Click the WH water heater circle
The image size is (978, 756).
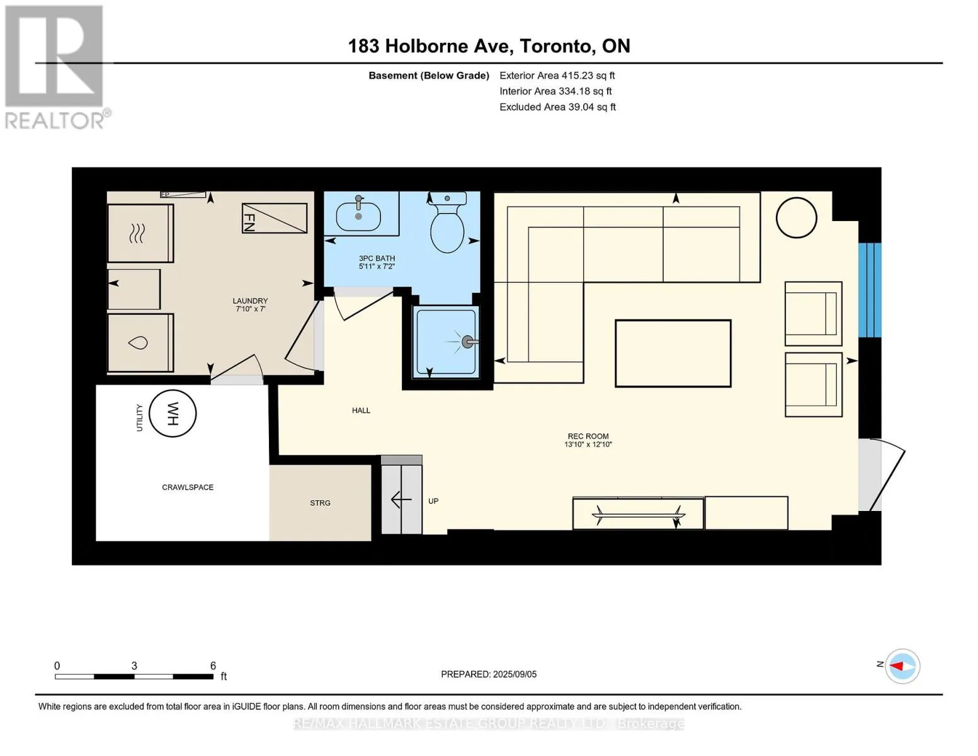click(173, 413)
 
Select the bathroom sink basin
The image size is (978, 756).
click(358, 217)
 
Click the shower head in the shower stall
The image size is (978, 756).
click(468, 341)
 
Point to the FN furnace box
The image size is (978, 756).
click(275, 218)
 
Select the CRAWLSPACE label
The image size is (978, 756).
click(188, 487)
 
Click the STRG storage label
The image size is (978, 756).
click(320, 503)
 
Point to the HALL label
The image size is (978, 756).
click(361, 410)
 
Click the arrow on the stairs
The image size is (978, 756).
click(401, 500)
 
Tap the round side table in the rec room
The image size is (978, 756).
click(796, 218)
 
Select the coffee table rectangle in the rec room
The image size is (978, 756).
click(673, 353)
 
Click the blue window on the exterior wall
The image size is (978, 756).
click(870, 290)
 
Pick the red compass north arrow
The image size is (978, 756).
click(897, 666)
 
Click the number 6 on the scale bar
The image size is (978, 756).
click(213, 665)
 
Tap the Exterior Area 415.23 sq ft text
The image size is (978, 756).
click(557, 76)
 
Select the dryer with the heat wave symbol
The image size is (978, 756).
click(140, 233)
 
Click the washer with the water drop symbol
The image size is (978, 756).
click(140, 343)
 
